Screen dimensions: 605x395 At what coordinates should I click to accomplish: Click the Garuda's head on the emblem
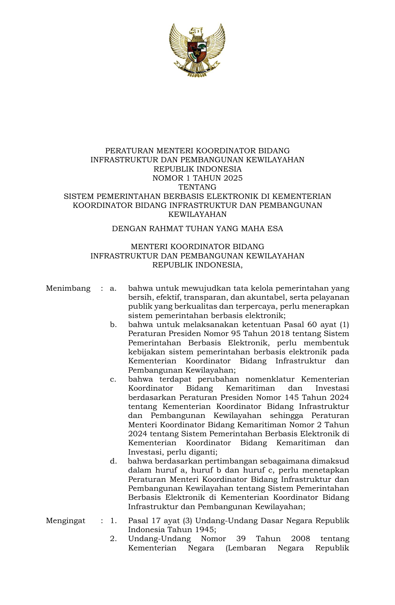[196, 32]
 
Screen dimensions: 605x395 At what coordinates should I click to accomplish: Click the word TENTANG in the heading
[197, 187]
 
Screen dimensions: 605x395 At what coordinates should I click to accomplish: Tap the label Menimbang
[68, 289]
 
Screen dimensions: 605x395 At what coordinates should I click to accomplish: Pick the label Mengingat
[66, 521]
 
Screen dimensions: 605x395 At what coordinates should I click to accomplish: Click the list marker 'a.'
[113, 289]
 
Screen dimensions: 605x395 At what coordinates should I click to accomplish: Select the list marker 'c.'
[113, 379]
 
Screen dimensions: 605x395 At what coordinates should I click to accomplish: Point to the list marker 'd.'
[113, 461]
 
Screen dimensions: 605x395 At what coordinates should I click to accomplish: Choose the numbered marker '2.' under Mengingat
[113, 539]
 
